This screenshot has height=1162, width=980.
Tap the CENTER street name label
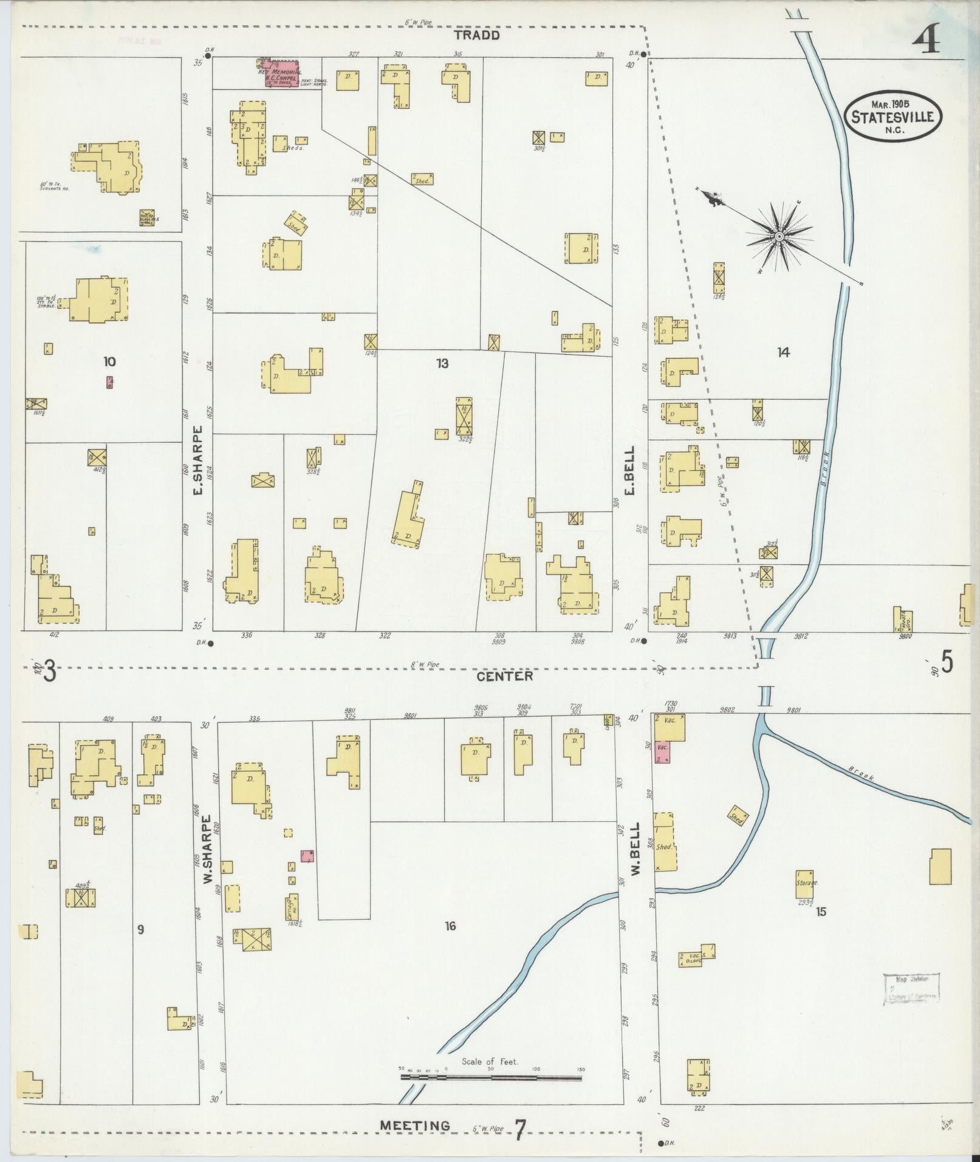tap(505, 675)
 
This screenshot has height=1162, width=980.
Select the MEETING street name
tap(415, 1126)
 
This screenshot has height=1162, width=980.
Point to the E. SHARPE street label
tap(198, 462)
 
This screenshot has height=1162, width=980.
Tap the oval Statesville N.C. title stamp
tap(893, 117)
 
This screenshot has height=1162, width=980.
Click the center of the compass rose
tap(778, 236)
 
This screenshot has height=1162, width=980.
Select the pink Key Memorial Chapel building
tap(280, 73)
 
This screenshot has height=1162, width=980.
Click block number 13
tap(442, 363)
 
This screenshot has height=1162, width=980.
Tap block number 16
tap(450, 926)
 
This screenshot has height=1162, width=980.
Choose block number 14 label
tap(783, 352)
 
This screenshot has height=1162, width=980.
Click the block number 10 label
tap(109, 361)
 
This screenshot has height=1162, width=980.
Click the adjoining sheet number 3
tap(50, 672)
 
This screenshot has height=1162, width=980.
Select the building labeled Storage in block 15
tap(804, 884)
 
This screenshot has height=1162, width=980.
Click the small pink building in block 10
tap(109, 382)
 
